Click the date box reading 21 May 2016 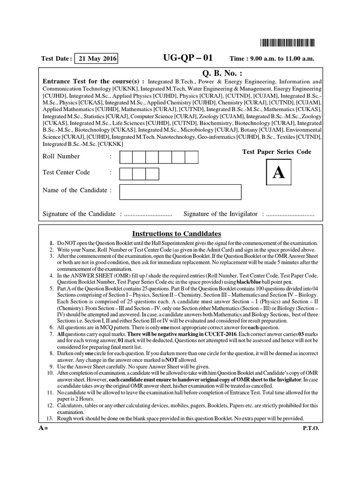pyautogui.click(x=96, y=59)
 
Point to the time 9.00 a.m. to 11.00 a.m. pyautogui.click(x=271, y=59)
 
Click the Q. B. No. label pyautogui.click(x=222, y=73)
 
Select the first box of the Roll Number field pyautogui.click(x=127, y=157)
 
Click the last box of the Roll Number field pyautogui.click(x=192, y=157)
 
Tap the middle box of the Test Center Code pyautogui.click(x=140, y=173)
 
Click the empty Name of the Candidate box pyautogui.click(x=180, y=192)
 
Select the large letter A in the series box pyautogui.click(x=278, y=173)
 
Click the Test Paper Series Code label pyautogui.click(x=277, y=152)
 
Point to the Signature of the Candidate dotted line pyautogui.click(x=147, y=214)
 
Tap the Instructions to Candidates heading pyautogui.click(x=176, y=234)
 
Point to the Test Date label pyautogui.click(x=56, y=59)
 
